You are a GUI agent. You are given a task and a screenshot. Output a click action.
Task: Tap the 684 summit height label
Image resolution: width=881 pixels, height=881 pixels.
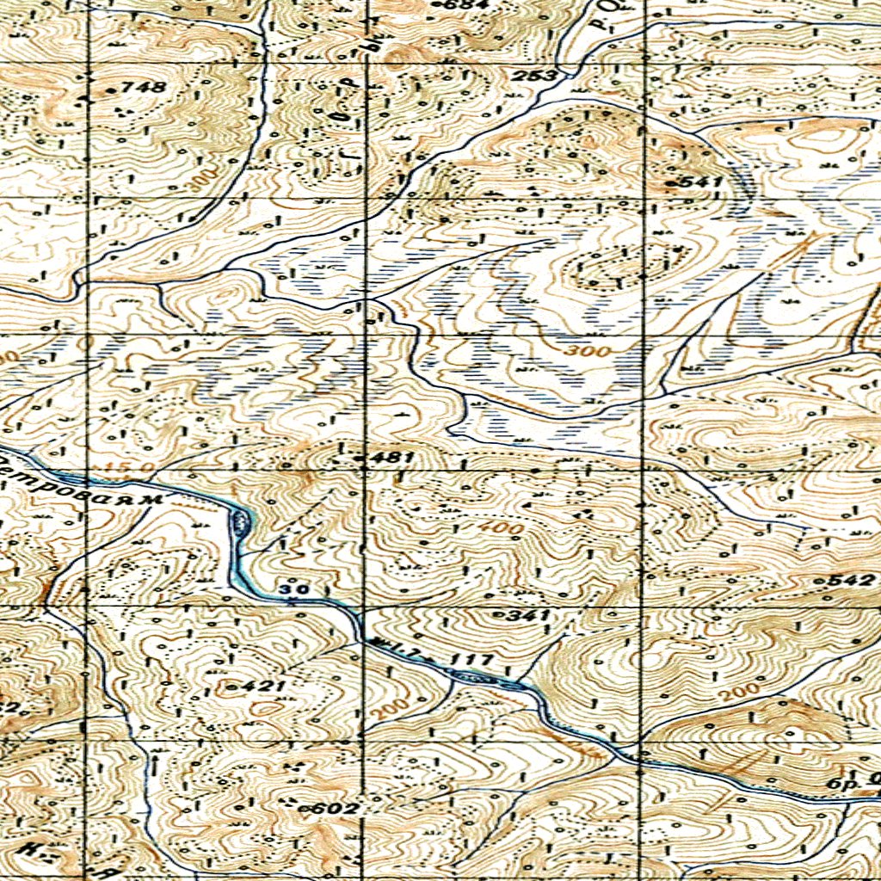pyautogui.click(x=456, y=5)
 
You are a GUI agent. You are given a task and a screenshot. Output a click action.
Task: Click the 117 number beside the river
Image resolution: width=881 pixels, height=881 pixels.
pyautogui.click(x=474, y=661)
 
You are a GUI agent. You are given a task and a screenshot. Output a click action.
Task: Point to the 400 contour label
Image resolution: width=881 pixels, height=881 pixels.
pyautogui.click(x=496, y=527)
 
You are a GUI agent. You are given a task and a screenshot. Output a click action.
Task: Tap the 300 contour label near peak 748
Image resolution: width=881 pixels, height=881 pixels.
pyautogui.click(x=200, y=177)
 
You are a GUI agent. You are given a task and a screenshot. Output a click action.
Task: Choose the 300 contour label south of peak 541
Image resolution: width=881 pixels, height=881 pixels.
pyautogui.click(x=591, y=352)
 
